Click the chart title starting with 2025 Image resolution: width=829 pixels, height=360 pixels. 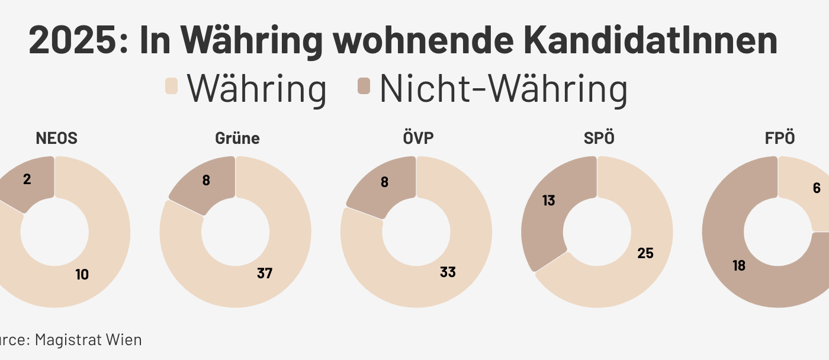tap(403, 40)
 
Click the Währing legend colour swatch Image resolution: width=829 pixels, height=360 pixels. tap(171, 86)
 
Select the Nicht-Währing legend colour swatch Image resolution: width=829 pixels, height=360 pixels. tap(364, 86)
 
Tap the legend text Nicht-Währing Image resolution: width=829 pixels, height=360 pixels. tap(503, 89)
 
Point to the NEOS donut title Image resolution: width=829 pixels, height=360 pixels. tap(56, 139)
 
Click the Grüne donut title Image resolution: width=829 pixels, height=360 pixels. tap(237, 139)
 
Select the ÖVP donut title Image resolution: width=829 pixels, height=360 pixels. tap(417, 139)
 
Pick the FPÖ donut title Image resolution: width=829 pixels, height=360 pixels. tap(779, 139)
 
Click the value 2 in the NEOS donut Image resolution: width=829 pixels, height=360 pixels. tap(27, 179)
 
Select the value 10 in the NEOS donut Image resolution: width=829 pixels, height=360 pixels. tap(82, 275)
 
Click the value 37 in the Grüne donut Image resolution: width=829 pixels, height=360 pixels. tap(265, 273)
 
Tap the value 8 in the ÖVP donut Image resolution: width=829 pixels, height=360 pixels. tap(385, 182)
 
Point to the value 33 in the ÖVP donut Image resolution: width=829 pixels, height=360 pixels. tap(448, 272)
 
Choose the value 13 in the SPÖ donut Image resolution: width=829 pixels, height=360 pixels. tap(549, 201)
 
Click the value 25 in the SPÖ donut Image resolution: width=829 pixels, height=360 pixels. tap(645, 253)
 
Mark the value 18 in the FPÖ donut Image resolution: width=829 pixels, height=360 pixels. tap(738, 266)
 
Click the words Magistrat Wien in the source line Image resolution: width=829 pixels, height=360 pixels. tap(88, 340)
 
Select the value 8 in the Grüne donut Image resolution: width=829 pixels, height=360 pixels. tap(206, 181)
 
